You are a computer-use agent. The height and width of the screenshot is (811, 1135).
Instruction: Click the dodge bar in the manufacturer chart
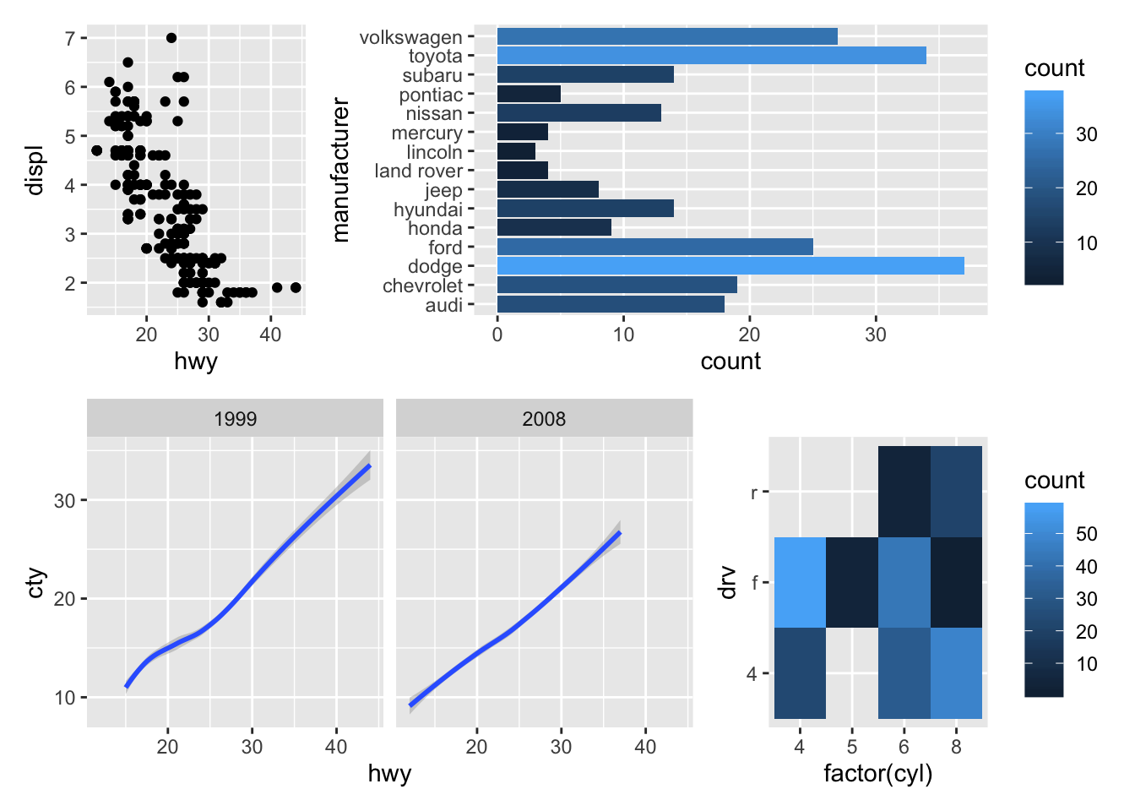tap(730, 266)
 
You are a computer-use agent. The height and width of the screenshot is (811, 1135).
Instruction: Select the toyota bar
tap(711, 56)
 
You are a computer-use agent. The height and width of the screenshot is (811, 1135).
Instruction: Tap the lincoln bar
tap(516, 152)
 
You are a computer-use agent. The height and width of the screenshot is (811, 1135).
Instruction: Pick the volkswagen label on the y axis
tap(410, 37)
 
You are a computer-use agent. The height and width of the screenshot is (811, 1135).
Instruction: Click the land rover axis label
tap(418, 171)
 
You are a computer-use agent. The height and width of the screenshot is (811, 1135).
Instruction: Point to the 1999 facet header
tap(235, 419)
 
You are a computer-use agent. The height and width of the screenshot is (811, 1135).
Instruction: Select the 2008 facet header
tap(544, 419)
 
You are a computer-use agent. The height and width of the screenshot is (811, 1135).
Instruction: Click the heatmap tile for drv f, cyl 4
tap(800, 582)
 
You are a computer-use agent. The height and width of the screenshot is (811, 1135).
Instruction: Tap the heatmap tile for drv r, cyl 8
tap(956, 492)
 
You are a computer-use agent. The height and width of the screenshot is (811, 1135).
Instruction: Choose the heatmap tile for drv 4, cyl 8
tap(956, 673)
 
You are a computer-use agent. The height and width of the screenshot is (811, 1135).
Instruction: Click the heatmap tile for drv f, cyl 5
tap(852, 582)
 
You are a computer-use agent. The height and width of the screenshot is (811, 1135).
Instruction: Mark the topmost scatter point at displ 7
tap(171, 38)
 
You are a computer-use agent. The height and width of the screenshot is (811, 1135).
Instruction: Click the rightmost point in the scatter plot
tap(296, 287)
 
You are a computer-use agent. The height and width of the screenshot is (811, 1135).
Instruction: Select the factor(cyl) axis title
tap(877, 774)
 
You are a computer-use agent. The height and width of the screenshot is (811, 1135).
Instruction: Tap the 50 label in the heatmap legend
tap(1087, 534)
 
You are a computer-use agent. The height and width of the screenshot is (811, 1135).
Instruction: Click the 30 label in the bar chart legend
tap(1087, 134)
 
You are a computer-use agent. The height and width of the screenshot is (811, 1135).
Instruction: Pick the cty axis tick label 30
tap(65, 501)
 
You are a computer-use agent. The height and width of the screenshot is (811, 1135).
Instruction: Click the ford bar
tap(654, 247)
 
